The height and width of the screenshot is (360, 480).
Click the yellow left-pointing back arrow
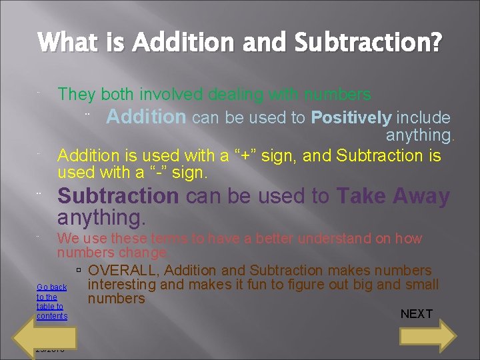pos(56,335)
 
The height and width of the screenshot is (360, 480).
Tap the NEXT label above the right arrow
pos(416,314)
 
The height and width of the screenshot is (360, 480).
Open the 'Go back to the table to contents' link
pos(51,301)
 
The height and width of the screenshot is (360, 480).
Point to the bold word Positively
pos(351,118)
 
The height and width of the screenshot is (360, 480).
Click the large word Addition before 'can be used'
pos(146,117)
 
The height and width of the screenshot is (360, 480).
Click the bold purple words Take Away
pos(393,196)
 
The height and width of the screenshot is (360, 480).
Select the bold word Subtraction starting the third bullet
pos(118,196)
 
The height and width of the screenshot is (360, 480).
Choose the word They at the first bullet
pos(76,95)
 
